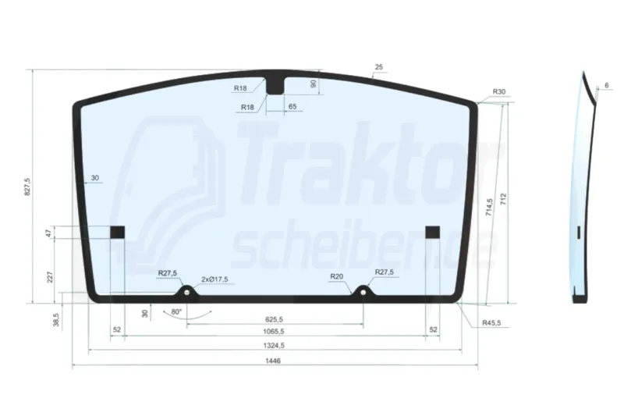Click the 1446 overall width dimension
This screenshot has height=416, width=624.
[273, 361]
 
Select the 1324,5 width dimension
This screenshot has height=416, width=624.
[274, 346]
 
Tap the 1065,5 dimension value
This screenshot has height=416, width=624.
[274, 331]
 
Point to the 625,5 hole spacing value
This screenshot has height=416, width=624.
[274, 319]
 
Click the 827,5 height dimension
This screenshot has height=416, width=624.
[27, 187]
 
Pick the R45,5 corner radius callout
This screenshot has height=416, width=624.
[491, 323]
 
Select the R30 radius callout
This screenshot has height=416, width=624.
[499, 91]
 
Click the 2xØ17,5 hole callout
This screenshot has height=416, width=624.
[215, 279]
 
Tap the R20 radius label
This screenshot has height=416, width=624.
[337, 276]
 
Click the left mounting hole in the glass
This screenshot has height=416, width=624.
[186, 293]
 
